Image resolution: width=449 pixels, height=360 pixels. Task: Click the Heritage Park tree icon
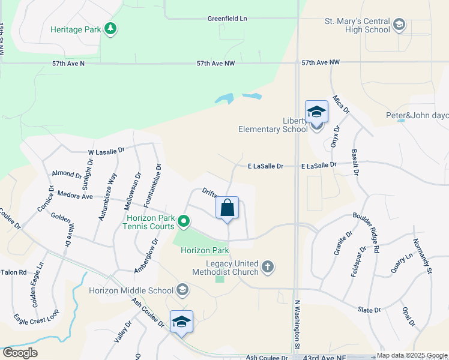click(110, 28)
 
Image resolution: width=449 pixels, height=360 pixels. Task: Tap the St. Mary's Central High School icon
click(399, 25)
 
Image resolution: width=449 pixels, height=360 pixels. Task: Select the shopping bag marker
click(228, 209)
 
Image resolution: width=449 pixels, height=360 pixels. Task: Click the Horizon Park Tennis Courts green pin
click(185, 223)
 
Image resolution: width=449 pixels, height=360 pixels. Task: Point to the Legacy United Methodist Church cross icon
click(268, 266)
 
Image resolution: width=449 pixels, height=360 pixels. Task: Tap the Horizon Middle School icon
click(182, 291)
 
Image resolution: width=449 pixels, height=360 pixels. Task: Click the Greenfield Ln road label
click(228, 19)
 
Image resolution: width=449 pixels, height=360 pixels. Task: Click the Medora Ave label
click(75, 196)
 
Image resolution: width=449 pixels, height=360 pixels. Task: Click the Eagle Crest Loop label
click(37, 322)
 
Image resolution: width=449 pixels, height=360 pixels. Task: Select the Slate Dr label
click(369, 310)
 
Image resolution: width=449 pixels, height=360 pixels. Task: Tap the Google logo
click(20, 352)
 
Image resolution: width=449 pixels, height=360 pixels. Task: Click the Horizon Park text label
click(205, 250)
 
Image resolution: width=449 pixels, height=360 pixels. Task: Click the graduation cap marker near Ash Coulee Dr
click(181, 322)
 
